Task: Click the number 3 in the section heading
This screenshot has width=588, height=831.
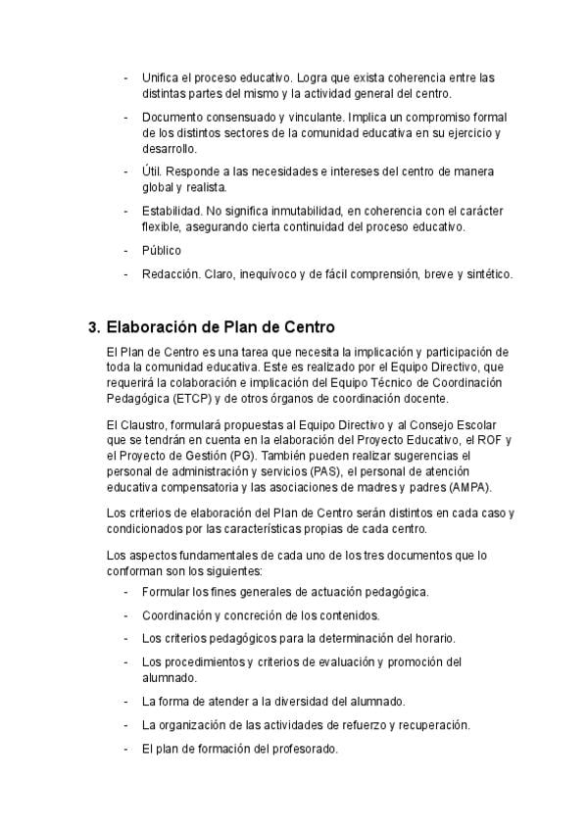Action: (x=93, y=327)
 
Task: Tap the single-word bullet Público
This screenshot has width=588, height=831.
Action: (x=162, y=250)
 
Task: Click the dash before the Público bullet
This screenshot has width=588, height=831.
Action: (x=126, y=250)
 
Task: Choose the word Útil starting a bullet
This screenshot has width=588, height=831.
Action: (x=152, y=171)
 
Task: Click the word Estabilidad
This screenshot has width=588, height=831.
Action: (x=171, y=211)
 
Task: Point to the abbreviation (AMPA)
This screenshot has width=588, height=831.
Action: (x=464, y=487)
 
